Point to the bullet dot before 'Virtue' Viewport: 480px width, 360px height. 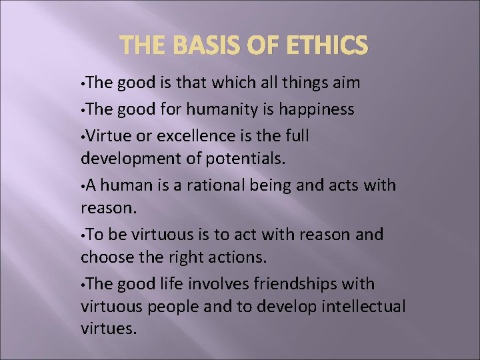[x=83, y=135]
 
